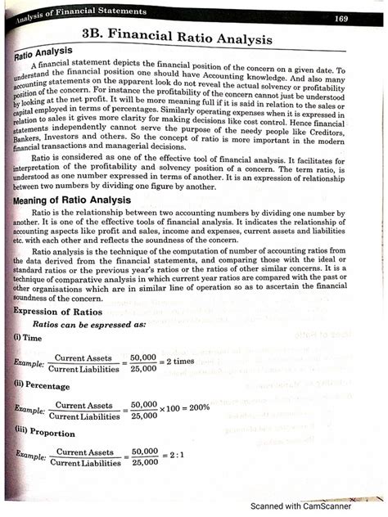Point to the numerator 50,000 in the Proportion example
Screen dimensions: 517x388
click(144, 451)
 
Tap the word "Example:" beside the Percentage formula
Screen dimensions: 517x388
click(29, 410)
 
